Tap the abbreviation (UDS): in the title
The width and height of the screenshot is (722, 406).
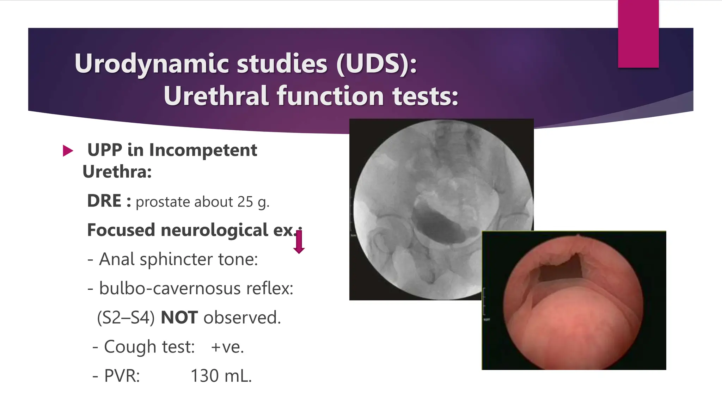377,64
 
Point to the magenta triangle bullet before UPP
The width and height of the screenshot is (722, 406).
67,151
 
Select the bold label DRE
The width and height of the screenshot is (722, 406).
104,201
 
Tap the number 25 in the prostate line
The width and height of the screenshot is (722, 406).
245,202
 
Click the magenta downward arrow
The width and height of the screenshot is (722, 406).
299,242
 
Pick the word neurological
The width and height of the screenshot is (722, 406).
214,230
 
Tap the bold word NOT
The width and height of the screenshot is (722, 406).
179,318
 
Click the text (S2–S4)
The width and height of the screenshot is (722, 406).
126,318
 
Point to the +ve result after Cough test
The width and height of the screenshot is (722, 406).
227,347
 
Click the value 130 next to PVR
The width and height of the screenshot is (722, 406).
204,376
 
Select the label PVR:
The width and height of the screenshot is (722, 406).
122,376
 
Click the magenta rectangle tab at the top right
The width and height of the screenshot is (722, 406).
638,34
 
